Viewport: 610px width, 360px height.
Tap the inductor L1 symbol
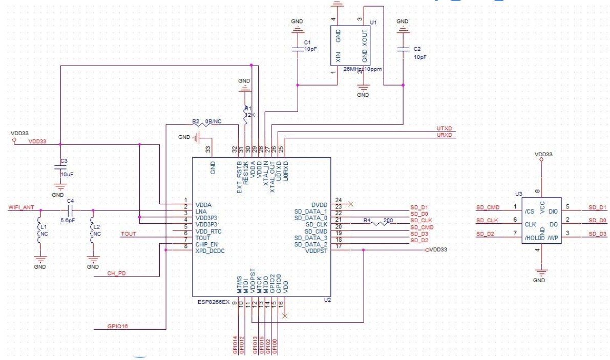tap(40, 230)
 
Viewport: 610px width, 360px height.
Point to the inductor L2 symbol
tap(92, 230)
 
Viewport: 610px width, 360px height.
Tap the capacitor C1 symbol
tap(297, 49)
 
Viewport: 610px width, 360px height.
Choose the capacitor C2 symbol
tap(403, 49)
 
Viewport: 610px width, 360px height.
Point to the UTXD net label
tap(444, 128)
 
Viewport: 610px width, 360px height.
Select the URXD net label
tap(444, 135)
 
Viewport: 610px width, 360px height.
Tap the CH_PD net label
tap(116, 273)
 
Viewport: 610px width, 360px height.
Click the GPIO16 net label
tap(117, 326)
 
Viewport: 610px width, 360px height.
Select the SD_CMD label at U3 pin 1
tap(487, 207)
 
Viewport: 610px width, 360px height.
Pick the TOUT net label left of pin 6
tap(128, 234)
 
